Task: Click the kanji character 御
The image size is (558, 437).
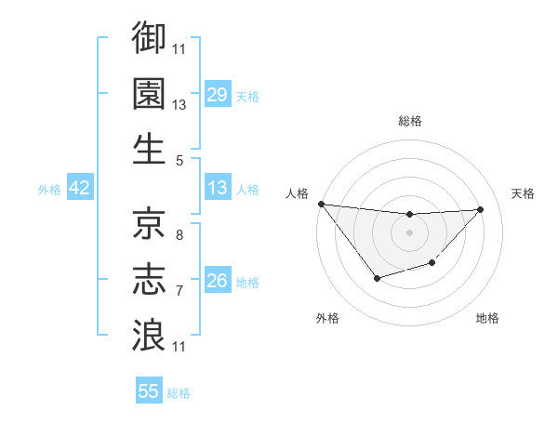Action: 149,38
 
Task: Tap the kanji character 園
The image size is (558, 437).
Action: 149,93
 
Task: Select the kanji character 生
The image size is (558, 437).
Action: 149,149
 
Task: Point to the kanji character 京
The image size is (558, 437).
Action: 149,222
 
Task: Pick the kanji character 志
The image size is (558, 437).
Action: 149,278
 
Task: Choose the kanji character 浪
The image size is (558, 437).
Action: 149,334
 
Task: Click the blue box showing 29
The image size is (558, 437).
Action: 218,94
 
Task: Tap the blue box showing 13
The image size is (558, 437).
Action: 218,188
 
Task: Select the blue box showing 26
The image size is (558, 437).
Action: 218,280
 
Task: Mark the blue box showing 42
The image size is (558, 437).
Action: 80,188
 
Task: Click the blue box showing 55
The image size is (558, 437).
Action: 149,391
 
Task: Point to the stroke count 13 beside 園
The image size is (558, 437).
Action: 179,105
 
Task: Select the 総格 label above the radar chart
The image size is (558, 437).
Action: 410,121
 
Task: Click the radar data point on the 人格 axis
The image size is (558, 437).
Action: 321,204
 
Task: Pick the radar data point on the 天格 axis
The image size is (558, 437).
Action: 481,209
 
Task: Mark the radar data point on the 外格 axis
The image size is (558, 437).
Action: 377,278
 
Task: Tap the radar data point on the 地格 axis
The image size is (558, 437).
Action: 432,264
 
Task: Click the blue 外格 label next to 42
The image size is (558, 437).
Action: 49,189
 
